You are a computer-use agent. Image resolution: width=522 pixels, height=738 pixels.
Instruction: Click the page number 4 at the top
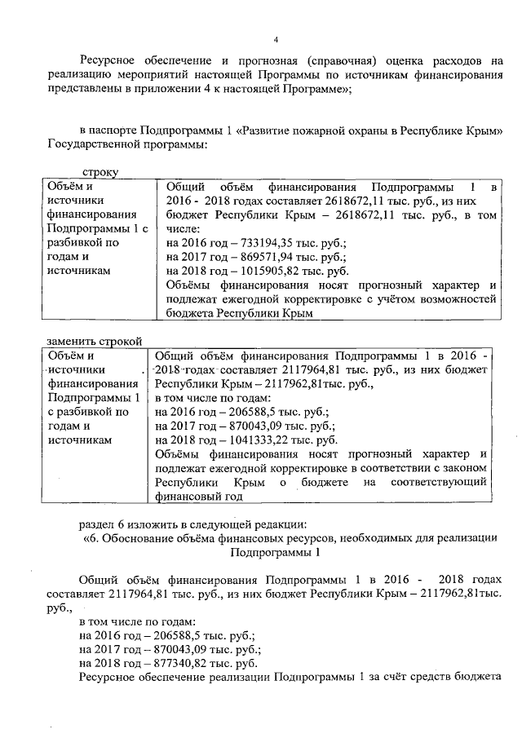[276, 39]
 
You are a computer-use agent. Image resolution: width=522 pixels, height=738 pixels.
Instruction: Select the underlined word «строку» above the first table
[100, 172]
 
